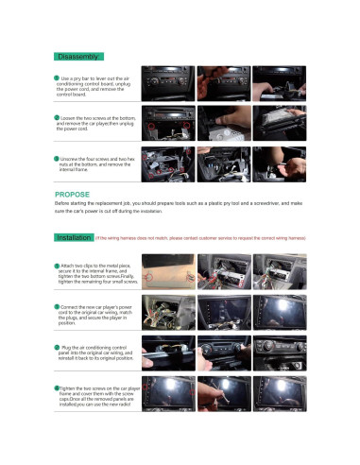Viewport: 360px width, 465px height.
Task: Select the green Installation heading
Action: [x=74, y=238]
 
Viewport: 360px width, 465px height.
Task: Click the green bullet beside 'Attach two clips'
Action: [x=56, y=267]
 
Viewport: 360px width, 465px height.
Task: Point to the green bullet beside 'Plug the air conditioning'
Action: [x=56, y=349]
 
